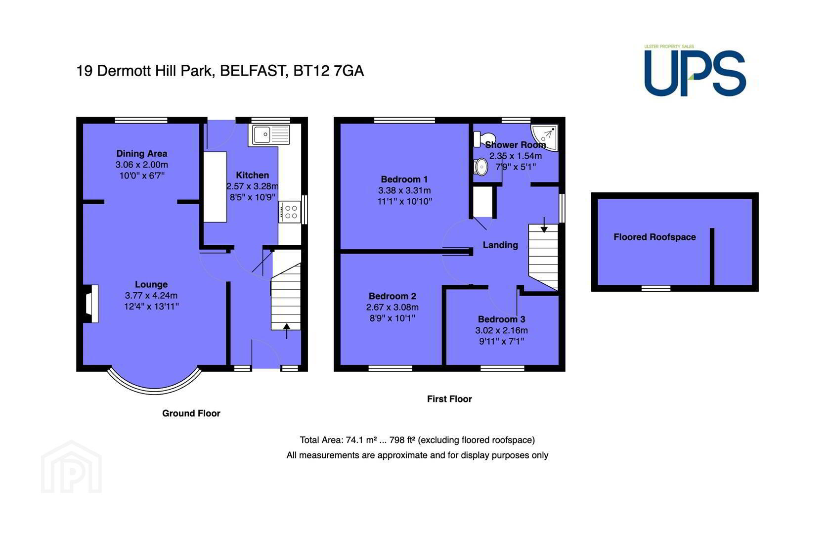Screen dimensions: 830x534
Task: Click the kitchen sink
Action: (271, 134)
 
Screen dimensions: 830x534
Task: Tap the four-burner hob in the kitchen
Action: (289, 212)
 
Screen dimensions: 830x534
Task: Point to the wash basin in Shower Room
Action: (481, 167)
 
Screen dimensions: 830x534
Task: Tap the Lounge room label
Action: (151, 284)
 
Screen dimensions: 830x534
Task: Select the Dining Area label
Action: (141, 153)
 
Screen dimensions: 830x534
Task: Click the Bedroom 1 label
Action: (404, 179)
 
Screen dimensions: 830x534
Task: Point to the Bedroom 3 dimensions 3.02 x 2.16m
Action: (502, 330)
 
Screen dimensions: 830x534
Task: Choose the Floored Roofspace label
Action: (655, 237)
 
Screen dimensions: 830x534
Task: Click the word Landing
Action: (500, 245)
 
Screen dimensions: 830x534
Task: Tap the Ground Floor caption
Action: (191, 413)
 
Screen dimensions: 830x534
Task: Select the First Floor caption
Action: (449, 399)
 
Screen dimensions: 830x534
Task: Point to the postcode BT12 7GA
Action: (328, 71)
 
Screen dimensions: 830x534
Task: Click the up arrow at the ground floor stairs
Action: (286, 331)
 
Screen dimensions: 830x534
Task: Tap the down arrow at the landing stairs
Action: (544, 225)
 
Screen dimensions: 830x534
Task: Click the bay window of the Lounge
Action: (155, 389)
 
